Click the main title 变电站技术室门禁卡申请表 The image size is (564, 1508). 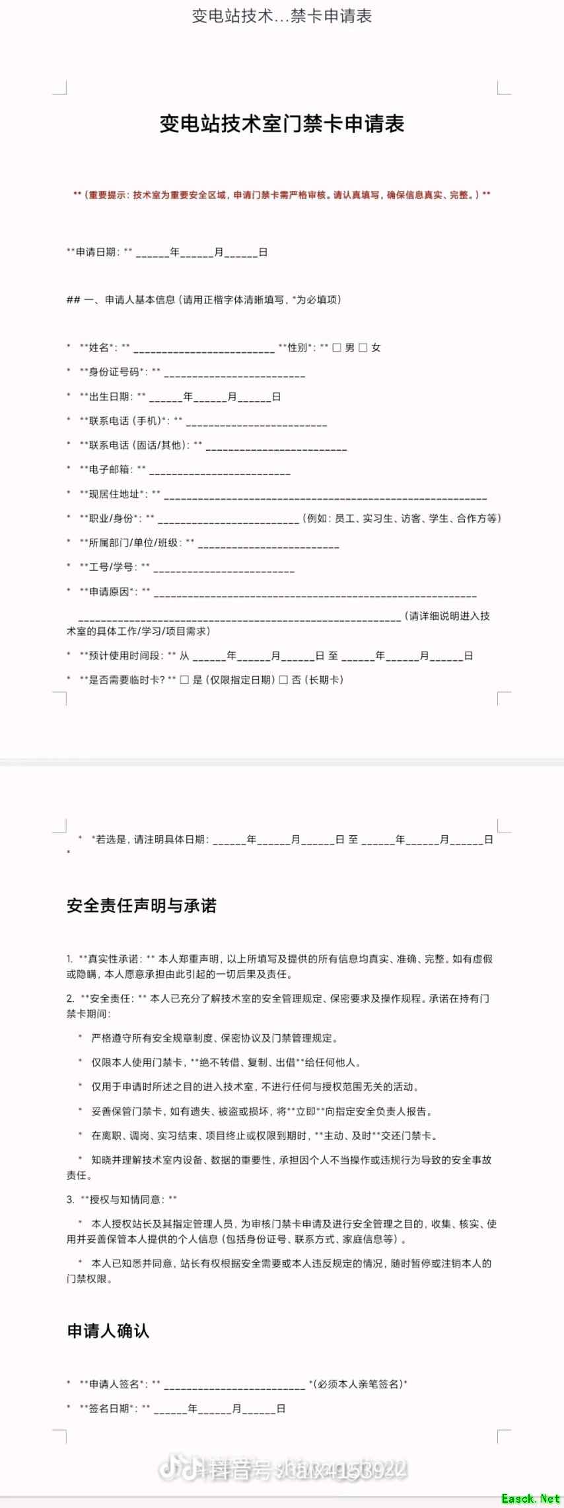281,124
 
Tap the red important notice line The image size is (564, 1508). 281,196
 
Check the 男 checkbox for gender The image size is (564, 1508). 337,348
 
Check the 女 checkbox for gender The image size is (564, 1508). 363,348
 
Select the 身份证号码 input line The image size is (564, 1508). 234,375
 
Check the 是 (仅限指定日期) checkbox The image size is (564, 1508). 185,680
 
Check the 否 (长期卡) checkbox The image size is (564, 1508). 283,680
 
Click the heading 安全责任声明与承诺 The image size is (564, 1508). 141,906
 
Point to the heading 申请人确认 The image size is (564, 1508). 108,1331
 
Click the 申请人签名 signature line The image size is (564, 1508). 234,1384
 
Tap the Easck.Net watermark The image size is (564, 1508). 530,1498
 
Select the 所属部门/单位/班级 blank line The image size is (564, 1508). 268,545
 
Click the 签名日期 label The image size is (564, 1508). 109,1408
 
